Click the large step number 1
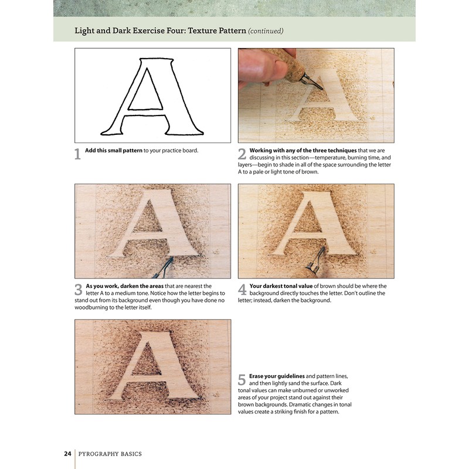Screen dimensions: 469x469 [77, 155]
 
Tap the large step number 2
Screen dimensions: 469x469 [242, 155]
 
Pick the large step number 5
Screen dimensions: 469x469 [242, 379]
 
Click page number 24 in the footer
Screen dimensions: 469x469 [67, 453]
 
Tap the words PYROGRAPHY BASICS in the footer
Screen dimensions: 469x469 [111, 453]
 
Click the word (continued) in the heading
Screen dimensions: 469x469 [266, 30]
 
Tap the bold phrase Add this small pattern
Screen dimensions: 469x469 [113, 151]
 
